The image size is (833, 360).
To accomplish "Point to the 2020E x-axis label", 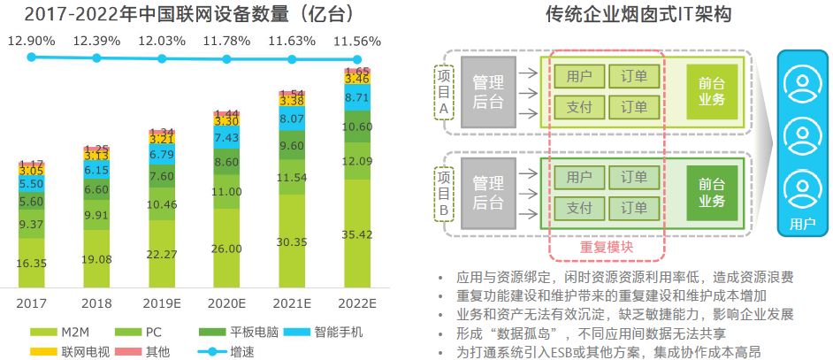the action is [227, 303].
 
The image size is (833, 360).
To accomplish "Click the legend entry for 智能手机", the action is [332, 333].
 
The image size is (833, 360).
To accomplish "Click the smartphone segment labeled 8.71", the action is [357, 97].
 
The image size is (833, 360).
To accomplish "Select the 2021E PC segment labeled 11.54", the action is [292, 177].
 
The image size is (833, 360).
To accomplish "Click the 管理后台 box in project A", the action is [488, 92].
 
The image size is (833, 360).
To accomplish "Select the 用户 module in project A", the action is [579, 77].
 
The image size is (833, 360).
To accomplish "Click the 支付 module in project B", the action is [579, 208].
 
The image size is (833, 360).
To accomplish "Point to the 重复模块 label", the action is [607, 248].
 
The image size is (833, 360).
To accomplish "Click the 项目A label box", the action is [444, 92].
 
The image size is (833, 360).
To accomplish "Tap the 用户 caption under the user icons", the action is [802, 223].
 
